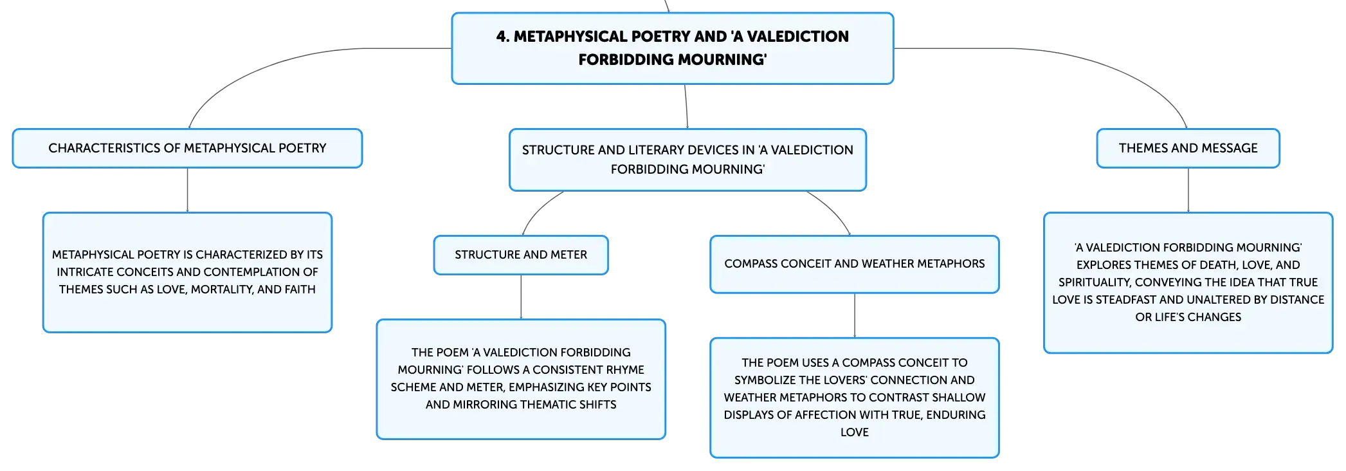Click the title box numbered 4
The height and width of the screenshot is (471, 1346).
[x=673, y=48]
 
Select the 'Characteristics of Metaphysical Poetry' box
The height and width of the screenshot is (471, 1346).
[x=187, y=148]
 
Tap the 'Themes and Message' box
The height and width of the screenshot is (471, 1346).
[x=1188, y=148]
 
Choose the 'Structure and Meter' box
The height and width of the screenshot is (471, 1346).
[x=521, y=255]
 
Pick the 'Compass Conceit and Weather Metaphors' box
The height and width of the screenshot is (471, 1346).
[x=855, y=264]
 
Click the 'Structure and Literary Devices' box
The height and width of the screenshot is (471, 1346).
[x=687, y=160]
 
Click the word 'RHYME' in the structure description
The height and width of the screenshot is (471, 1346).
[x=624, y=370]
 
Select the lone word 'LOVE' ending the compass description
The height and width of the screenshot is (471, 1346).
[x=855, y=432]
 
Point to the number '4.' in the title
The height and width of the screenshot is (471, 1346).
[x=503, y=37]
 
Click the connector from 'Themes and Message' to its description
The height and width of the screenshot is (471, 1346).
[x=1188, y=190]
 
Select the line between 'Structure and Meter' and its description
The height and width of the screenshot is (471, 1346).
[x=521, y=297]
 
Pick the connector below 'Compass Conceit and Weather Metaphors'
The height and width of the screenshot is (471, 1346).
[x=855, y=316]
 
